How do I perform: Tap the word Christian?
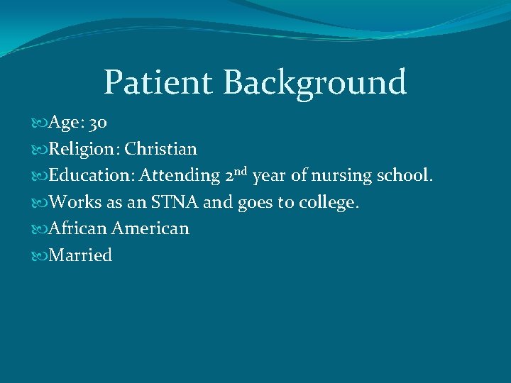click(x=161, y=149)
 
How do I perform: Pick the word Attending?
click(x=180, y=175)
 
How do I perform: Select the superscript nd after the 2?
click(x=239, y=171)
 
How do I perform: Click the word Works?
click(x=75, y=202)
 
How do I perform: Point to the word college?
click(x=329, y=203)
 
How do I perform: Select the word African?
click(x=77, y=228)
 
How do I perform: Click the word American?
click(x=150, y=228)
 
